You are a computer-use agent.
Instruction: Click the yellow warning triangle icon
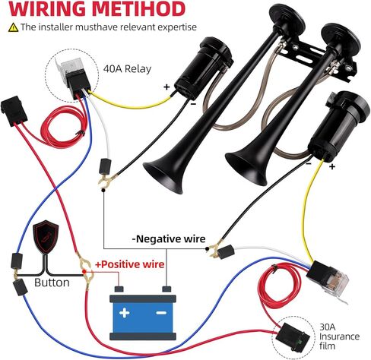[13, 27]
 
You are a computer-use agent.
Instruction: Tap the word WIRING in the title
[47, 9]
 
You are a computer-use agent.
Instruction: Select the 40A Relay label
[127, 69]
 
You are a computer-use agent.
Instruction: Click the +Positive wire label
[130, 264]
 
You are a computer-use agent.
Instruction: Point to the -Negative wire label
[169, 238]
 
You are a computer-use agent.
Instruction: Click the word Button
[52, 283]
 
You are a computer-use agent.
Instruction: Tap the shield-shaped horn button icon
[46, 237]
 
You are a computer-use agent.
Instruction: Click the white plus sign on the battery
[125, 313]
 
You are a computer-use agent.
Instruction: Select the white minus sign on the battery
[161, 313]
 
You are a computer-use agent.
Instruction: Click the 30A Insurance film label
[339, 336]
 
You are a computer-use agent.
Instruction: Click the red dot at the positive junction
[84, 272]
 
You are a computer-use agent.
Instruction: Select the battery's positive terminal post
[119, 289]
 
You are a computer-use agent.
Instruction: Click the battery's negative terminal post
[166, 289]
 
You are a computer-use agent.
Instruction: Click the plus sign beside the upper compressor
[166, 87]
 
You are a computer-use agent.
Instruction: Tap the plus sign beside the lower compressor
[332, 166]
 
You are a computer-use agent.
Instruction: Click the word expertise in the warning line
[177, 27]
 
